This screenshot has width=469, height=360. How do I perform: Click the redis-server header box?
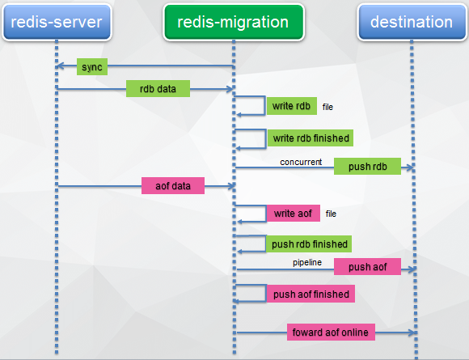(57, 22)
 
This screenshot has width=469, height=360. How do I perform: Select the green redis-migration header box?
(234, 22)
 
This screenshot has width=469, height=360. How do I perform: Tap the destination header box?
(412, 22)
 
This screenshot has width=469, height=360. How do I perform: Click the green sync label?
(92, 66)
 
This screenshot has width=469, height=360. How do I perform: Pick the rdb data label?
(158, 88)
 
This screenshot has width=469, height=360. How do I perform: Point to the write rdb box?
(292, 106)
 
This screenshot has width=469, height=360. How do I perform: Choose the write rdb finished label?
(311, 138)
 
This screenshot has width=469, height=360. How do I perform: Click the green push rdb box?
(367, 166)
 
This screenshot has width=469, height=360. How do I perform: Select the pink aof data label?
(173, 185)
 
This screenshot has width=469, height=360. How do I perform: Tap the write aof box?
(293, 213)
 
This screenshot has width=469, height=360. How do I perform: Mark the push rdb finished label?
(309, 244)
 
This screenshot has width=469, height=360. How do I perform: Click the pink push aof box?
(367, 266)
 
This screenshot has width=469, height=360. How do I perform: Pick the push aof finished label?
(311, 294)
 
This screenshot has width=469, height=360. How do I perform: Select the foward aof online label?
(331, 332)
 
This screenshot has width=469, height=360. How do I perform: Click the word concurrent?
(301, 162)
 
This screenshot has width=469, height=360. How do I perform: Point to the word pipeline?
(307, 262)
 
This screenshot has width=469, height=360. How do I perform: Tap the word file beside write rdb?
(327, 107)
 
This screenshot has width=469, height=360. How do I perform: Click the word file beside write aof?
(331, 214)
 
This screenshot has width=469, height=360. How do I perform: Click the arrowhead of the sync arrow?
(60, 66)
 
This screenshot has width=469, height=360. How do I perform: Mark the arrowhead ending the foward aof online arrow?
(412, 332)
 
